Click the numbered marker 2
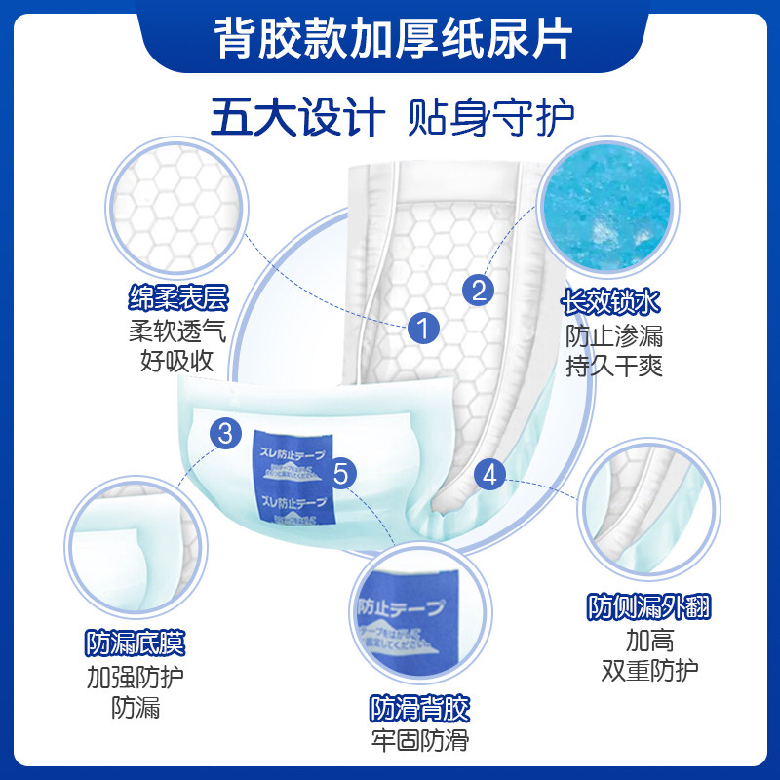[478, 289]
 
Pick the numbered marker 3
[225, 433]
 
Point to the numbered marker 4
[490, 475]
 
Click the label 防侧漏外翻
[648, 607]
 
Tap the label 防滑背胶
[419, 707]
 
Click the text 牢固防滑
[419, 740]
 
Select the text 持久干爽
[614, 369]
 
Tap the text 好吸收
[176, 362]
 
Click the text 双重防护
[648, 672]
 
